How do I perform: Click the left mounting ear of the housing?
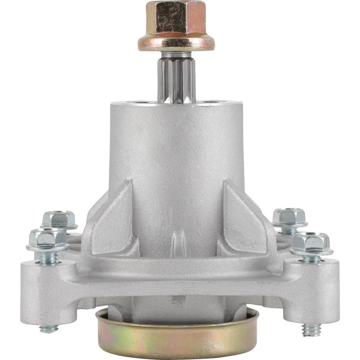(43, 292)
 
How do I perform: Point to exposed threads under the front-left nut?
(49, 258)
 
